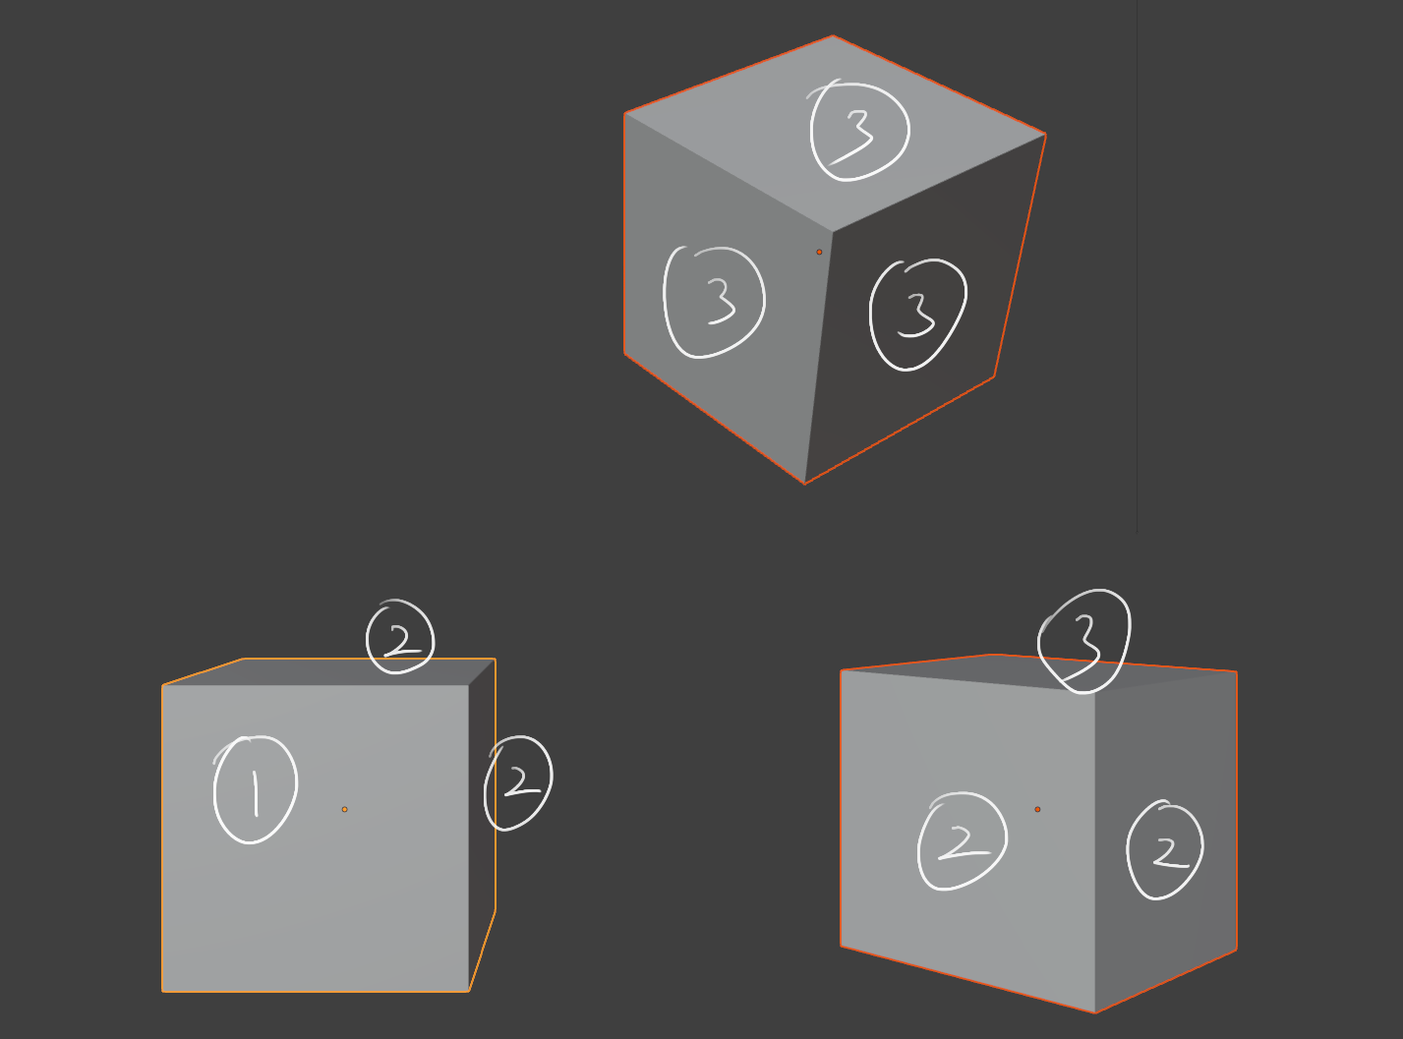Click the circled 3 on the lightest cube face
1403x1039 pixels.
tap(859, 131)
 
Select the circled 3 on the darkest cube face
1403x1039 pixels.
tap(917, 315)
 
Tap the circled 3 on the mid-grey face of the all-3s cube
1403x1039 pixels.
tap(714, 303)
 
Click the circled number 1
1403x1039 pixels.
tap(255, 789)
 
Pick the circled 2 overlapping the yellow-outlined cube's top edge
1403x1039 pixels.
tap(400, 637)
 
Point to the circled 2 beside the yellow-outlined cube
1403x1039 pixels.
tap(518, 782)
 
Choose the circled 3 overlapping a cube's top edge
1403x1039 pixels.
tap(1084, 641)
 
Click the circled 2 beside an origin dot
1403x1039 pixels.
tap(963, 841)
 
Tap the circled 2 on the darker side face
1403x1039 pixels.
tap(1164, 850)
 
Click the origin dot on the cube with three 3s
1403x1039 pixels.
tap(819, 253)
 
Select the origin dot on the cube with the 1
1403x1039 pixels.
tap(345, 809)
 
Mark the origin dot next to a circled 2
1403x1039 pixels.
tap(1037, 809)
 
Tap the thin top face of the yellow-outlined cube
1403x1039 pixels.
tap(329, 671)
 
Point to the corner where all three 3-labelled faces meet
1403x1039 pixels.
tap(833, 232)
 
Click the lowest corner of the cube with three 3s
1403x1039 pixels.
tap(804, 485)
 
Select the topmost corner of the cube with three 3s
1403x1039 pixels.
tap(833, 36)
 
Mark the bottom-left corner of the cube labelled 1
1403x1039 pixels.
tap(163, 992)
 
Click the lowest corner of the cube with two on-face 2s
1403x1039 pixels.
tap(1095, 1012)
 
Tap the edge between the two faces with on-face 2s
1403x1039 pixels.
tap(1095, 850)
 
